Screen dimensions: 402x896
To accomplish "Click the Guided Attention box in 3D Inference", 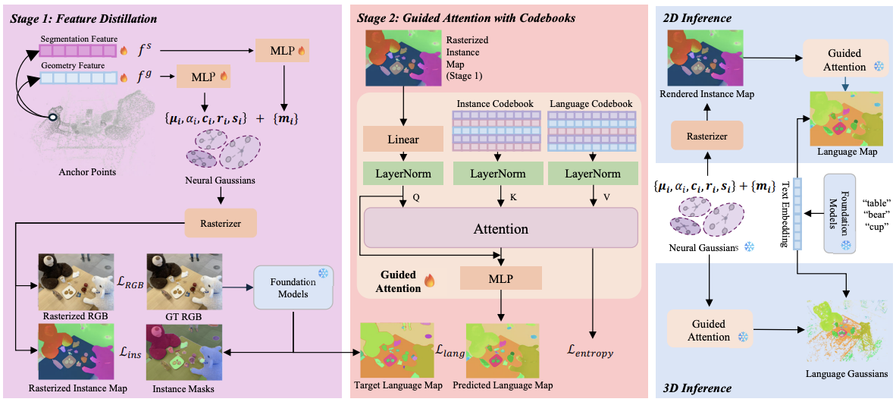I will [710, 331].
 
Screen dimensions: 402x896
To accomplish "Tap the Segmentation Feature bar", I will [76, 52].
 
